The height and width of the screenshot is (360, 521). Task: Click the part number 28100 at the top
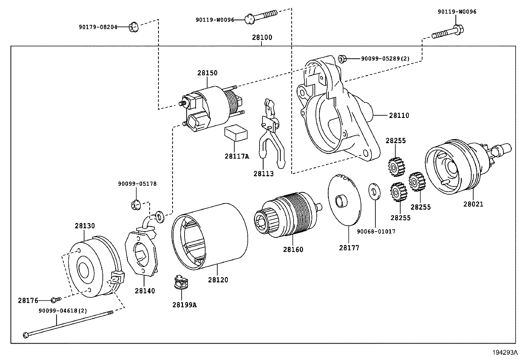point(262,37)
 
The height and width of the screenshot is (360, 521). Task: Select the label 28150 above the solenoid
point(207,73)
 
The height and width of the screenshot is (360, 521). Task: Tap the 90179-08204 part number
point(98,27)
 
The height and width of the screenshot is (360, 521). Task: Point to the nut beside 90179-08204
point(133,27)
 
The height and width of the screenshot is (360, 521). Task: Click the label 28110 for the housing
point(399,115)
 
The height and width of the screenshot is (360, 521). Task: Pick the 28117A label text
point(237,156)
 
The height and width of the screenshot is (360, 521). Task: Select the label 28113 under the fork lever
point(263,174)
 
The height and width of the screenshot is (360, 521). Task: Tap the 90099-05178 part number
point(137,184)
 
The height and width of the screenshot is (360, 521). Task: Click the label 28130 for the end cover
point(85,226)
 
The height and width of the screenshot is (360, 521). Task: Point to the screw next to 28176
point(56,299)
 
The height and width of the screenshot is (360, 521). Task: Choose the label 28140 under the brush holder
point(145,291)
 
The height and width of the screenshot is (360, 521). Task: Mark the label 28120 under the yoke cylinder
point(218,280)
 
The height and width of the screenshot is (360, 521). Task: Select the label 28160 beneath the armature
point(293,249)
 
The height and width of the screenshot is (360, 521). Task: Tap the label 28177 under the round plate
point(349,248)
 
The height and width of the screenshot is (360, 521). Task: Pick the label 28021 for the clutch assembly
point(473,204)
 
